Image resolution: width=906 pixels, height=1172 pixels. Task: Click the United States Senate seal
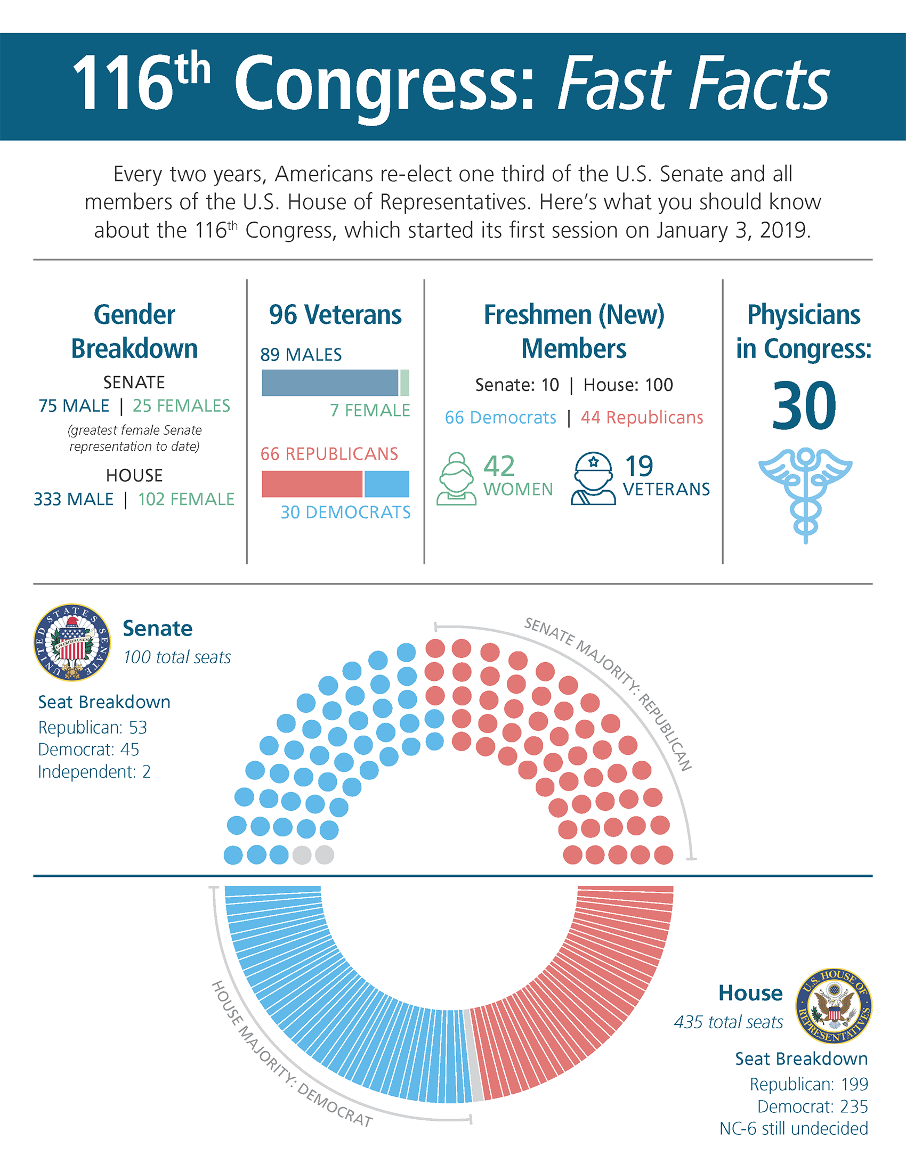pyautogui.click(x=72, y=642)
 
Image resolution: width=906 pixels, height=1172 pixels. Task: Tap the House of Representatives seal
pyautogui.click(x=834, y=1006)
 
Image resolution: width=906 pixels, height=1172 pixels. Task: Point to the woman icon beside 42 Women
pyautogui.click(x=456, y=479)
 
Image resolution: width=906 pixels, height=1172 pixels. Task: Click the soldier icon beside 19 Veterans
pyautogui.click(x=593, y=479)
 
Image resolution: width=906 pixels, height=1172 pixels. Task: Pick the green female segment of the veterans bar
pyautogui.click(x=405, y=382)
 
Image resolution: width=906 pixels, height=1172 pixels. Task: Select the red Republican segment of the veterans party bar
pyautogui.click(x=312, y=484)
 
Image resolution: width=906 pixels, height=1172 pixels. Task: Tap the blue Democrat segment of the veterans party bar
pyautogui.click(x=386, y=484)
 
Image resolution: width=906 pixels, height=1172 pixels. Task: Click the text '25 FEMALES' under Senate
pyautogui.click(x=181, y=406)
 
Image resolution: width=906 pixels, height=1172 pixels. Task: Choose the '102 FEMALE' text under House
pyautogui.click(x=186, y=499)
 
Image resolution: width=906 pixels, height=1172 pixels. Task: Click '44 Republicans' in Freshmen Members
pyautogui.click(x=642, y=418)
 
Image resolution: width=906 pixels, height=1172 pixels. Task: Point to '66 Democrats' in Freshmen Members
pyautogui.click(x=500, y=418)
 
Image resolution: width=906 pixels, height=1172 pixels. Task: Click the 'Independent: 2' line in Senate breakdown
pyautogui.click(x=94, y=772)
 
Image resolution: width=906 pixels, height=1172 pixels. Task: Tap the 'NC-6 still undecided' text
pyautogui.click(x=794, y=1128)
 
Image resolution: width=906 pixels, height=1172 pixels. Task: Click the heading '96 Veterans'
pyautogui.click(x=335, y=314)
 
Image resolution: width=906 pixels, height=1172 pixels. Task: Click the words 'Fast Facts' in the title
pyautogui.click(x=692, y=85)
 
